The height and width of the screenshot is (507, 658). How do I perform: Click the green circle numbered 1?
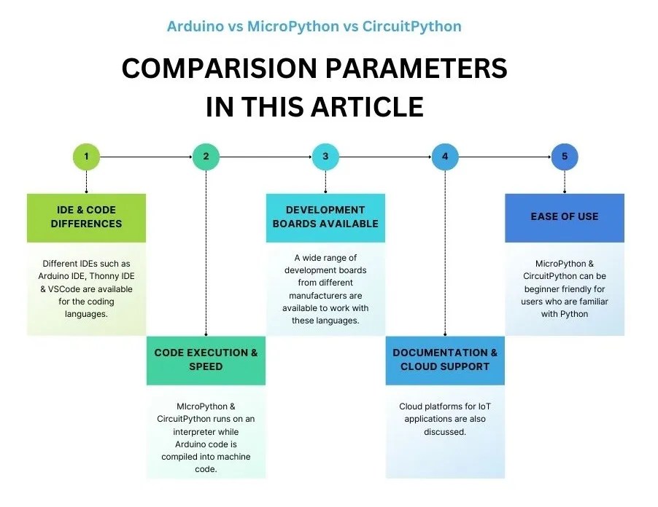(86, 157)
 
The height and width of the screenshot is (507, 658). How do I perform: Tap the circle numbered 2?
(206, 157)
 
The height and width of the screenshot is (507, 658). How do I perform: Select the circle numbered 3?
(325, 157)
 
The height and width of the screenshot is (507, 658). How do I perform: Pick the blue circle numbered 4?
(445, 157)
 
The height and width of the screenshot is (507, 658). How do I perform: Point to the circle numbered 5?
(565, 157)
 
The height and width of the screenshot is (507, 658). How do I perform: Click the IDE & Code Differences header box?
(86, 217)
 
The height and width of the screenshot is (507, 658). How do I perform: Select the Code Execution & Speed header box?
(206, 360)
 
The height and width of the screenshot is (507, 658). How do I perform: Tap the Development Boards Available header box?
(325, 217)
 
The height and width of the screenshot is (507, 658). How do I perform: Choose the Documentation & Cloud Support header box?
(445, 360)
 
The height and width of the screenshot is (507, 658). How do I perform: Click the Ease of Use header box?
(565, 217)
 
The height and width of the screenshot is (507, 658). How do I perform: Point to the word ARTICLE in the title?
(368, 107)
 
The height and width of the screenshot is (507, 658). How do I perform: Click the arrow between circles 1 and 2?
(146, 157)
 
